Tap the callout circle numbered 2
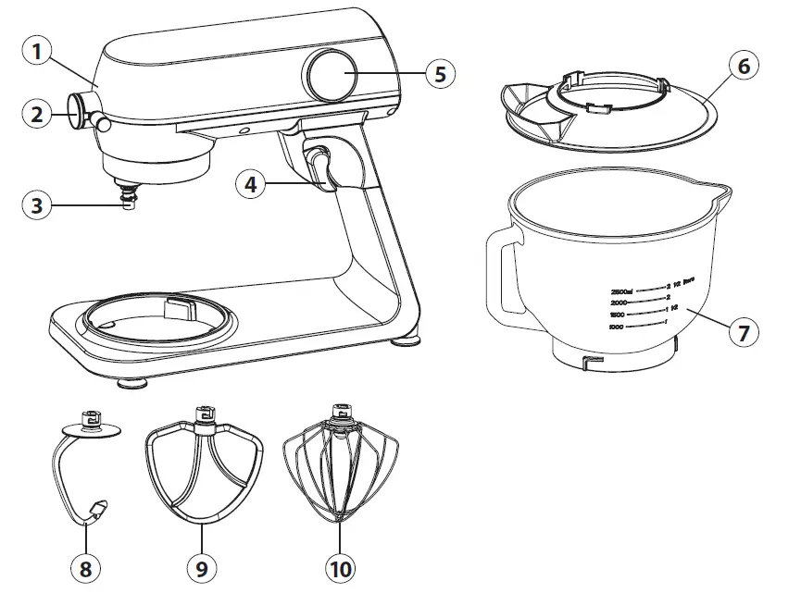pos(36,115)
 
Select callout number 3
pos(36,204)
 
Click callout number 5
pos(441,74)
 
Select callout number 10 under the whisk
pos(340,567)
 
